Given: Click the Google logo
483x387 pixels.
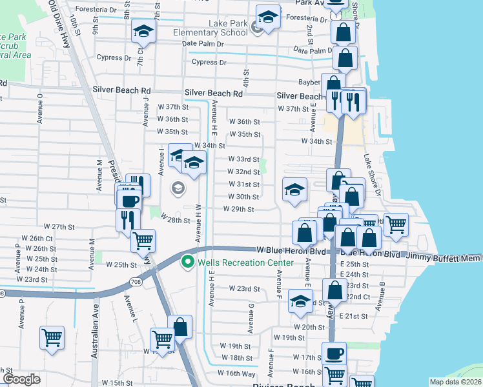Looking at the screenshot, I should [21, 379].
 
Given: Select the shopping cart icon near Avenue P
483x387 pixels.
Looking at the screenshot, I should [52, 337].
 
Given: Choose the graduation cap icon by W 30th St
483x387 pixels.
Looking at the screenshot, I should [294, 190].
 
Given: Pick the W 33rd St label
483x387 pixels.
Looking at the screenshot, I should [244, 159].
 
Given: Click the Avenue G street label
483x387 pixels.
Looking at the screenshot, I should [251, 314].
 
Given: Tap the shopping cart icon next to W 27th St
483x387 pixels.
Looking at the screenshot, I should [142, 241].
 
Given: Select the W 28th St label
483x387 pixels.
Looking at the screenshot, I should [175, 220].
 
